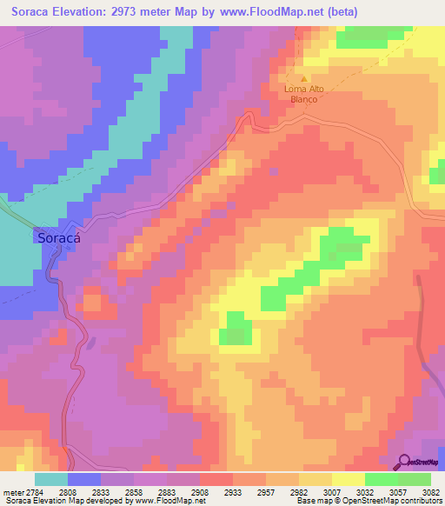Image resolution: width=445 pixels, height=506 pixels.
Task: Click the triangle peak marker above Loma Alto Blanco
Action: click(x=303, y=78)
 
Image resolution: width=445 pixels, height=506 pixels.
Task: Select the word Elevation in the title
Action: click(x=89, y=12)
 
